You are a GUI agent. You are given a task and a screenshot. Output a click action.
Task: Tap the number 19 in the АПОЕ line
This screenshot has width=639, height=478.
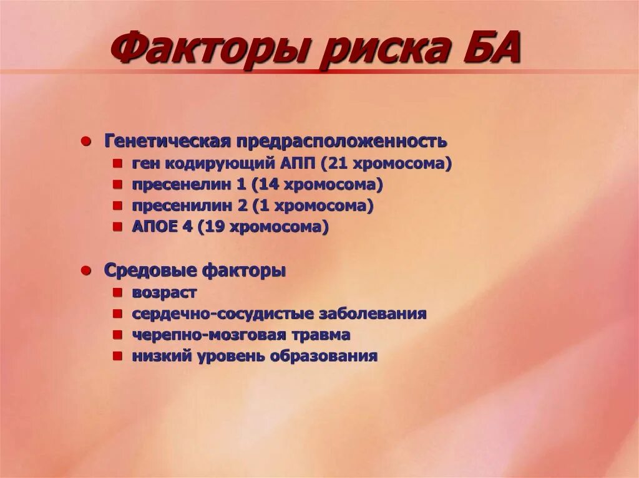point(215,227)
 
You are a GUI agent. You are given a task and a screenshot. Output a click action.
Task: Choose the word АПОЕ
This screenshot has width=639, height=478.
point(155,227)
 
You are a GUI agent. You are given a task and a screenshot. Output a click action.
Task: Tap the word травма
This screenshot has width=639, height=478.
point(322,335)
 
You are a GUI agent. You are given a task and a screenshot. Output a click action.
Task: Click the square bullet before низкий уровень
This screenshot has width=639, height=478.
point(117,356)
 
